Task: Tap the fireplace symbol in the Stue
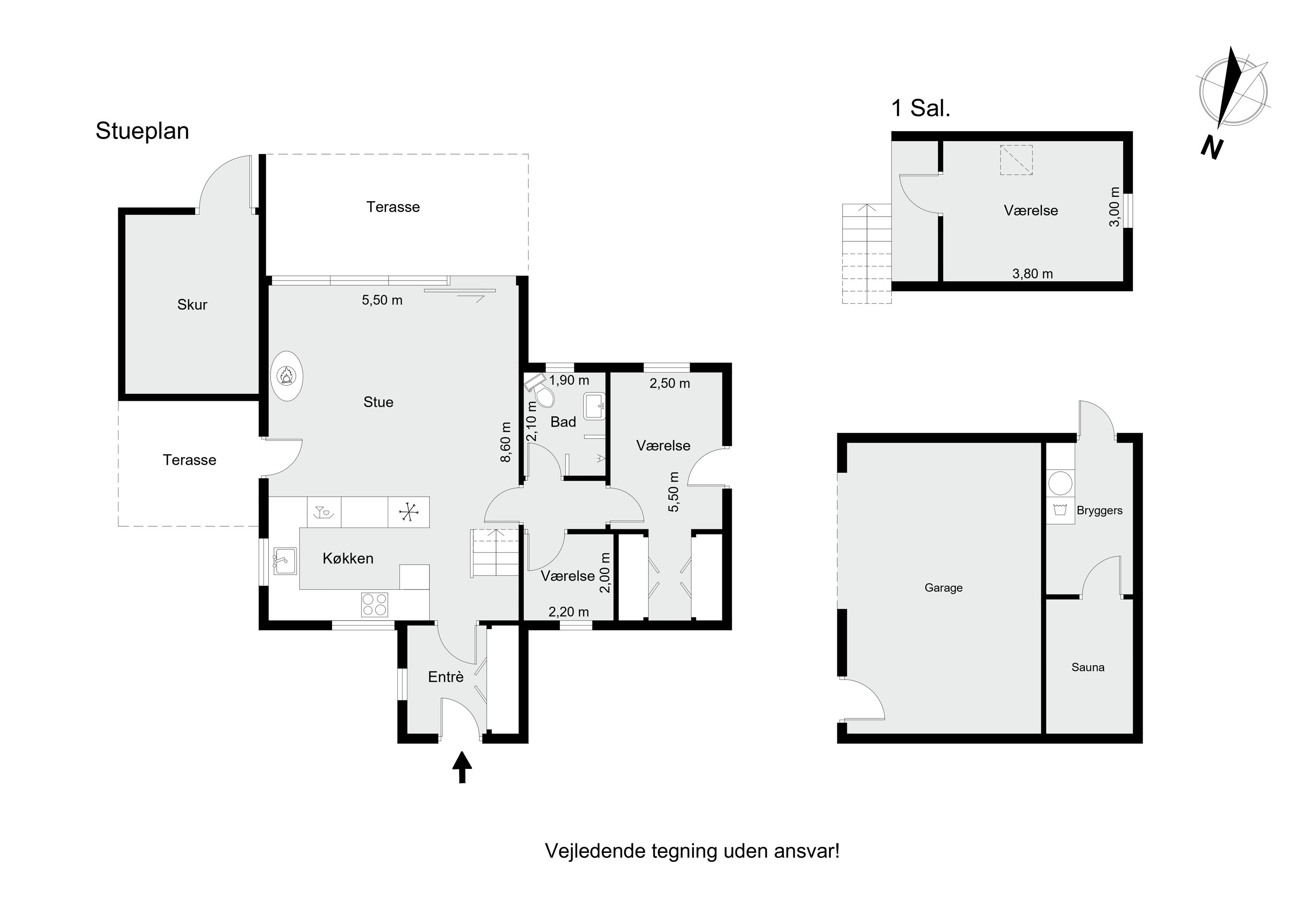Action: click(286, 376)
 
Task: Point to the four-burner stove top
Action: click(375, 605)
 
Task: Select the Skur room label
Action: click(193, 305)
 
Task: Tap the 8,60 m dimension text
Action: click(505, 442)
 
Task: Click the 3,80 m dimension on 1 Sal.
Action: click(1032, 274)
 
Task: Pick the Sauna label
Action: click(1088, 667)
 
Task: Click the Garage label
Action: click(943, 588)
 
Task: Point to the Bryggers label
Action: click(1099, 511)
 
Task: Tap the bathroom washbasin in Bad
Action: click(594, 406)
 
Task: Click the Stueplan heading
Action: click(142, 131)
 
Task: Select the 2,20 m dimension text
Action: click(569, 612)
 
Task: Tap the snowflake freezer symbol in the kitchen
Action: click(408, 512)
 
